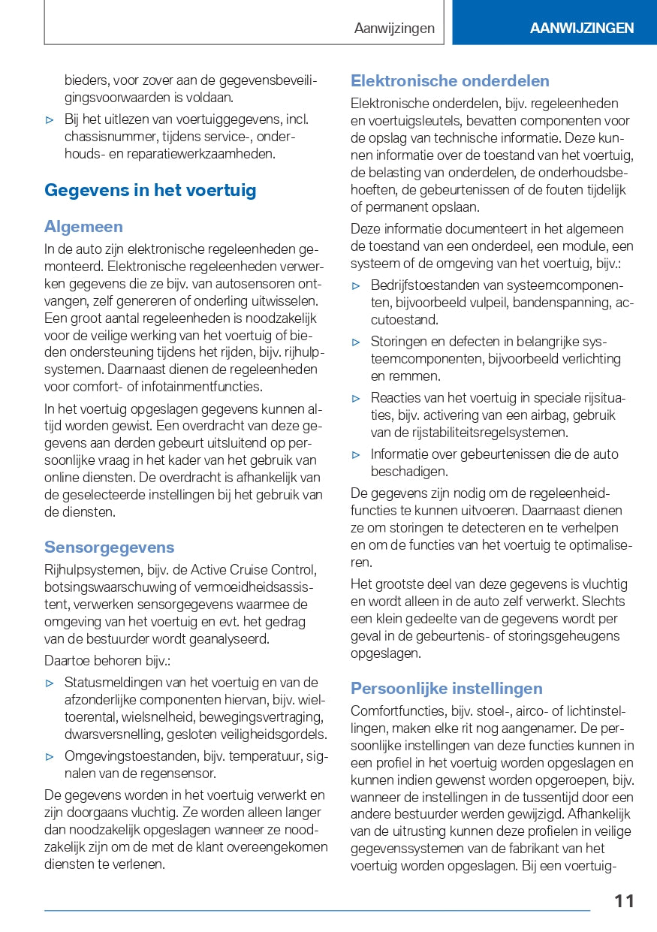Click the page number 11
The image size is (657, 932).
point(624,900)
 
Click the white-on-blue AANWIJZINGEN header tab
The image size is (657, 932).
point(581,29)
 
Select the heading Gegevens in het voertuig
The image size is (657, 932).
point(150,190)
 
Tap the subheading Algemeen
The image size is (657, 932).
point(83,226)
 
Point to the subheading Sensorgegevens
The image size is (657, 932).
point(109,547)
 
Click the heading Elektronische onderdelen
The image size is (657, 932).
point(450,80)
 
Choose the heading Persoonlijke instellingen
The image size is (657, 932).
point(446,688)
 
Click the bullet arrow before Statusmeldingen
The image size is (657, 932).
point(50,683)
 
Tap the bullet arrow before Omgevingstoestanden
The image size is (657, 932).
point(50,756)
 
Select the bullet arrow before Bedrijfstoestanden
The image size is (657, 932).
point(356,285)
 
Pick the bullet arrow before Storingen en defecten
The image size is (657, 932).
point(356,342)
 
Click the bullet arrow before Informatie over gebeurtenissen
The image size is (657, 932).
point(356,454)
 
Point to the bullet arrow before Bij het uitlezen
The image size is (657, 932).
point(50,119)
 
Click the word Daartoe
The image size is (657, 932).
point(68,660)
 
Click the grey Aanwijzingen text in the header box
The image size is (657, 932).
point(394,29)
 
